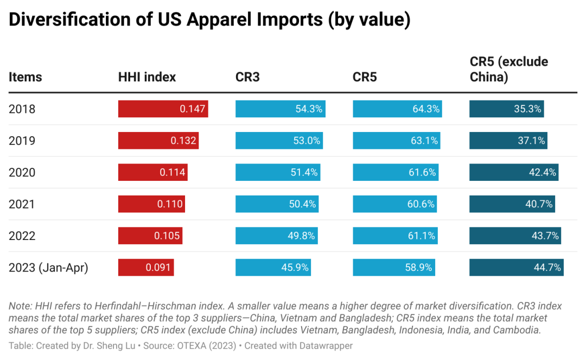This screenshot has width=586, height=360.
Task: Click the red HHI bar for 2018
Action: (163, 109)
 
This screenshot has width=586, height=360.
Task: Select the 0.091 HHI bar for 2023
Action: (146, 267)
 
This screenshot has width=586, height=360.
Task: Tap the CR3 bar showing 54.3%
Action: (280, 109)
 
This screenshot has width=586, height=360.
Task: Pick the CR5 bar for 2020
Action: (396, 172)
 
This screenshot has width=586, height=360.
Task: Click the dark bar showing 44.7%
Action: (516, 267)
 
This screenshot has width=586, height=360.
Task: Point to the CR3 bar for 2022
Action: (276, 236)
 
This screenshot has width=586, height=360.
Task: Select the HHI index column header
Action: (147, 77)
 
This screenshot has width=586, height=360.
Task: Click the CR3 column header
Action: (247, 77)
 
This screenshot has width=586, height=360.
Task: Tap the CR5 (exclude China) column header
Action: (509, 70)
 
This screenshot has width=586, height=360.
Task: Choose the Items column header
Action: (25, 77)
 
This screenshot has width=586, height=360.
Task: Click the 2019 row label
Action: (22, 141)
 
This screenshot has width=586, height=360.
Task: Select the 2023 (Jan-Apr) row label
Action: (48, 267)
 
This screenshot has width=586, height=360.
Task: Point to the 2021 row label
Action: (22, 204)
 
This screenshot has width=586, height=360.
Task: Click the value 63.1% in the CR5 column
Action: (425, 141)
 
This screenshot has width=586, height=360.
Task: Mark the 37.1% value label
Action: (531, 141)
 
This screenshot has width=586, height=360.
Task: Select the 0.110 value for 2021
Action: (170, 204)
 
